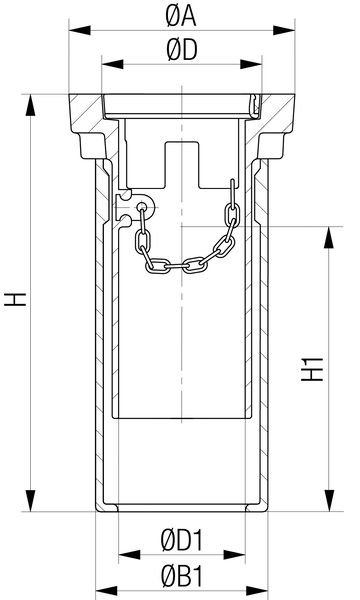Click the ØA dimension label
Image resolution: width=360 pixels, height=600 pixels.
tap(181, 17)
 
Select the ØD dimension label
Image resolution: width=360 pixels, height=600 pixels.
tap(182, 51)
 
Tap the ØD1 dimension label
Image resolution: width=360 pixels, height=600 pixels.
tap(182, 540)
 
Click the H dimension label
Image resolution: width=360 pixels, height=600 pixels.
tap(15, 299)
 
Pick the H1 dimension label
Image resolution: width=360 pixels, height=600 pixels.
tap(313, 369)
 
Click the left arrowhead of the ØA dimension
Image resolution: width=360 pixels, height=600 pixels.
tap(80, 30)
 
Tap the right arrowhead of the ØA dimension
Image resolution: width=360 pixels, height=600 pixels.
tap(284, 30)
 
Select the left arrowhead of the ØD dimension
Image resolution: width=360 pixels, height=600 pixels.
tap(112, 64)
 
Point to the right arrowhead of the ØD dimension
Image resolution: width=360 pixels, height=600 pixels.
tap(251, 64)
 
